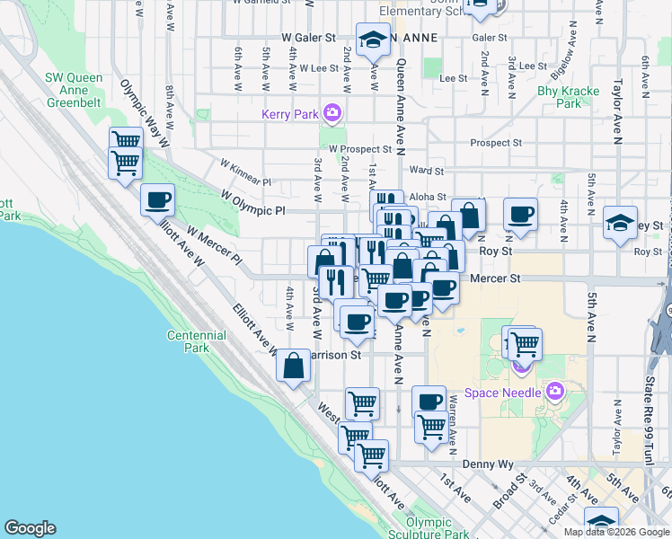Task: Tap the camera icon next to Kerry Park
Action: click(x=332, y=112)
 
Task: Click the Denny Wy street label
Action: click(x=487, y=464)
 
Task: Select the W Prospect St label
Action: click(x=359, y=149)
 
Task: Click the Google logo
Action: click(x=30, y=528)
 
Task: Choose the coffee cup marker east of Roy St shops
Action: click(x=520, y=215)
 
